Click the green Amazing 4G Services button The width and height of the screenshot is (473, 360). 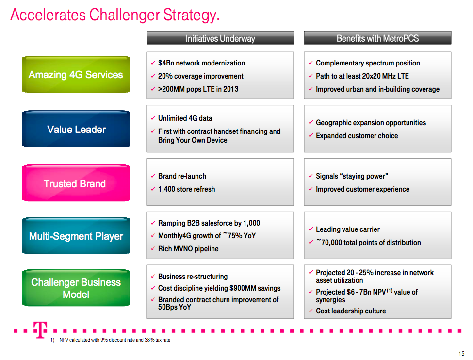point(76,74)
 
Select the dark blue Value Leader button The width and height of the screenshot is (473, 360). point(76,129)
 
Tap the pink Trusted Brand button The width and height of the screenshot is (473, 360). point(76,183)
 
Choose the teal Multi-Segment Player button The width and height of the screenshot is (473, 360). point(76,236)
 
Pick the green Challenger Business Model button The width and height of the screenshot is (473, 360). point(76,288)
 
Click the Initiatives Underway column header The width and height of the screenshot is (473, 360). point(220,38)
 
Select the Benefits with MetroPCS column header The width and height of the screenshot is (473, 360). point(378,38)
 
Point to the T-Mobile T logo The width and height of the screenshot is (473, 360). point(40,330)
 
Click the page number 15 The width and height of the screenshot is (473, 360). point(461,354)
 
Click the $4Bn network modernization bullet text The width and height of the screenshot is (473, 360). point(201,63)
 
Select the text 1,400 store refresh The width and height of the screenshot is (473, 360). point(187,189)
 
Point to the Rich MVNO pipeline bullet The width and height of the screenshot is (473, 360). point(188,249)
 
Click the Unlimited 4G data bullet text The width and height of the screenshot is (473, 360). point(185,118)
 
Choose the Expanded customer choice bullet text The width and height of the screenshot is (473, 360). point(357,136)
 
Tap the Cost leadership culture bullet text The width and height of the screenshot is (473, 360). point(351,311)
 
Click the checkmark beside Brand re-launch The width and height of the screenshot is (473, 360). point(153,176)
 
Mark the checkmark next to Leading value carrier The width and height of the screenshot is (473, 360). point(310,229)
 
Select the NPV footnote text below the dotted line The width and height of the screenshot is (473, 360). point(114,340)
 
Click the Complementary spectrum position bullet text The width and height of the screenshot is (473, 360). point(368,63)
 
